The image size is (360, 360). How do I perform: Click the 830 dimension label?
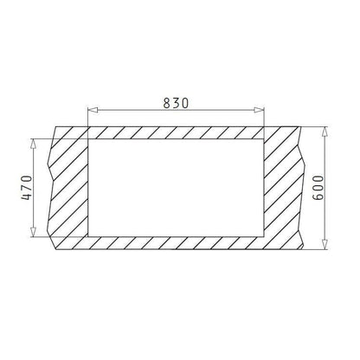(x=176, y=103)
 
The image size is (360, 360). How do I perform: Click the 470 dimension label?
(x=27, y=188)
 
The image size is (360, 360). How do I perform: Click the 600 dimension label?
(x=318, y=187)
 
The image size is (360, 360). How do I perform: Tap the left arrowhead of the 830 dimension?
(x=93, y=110)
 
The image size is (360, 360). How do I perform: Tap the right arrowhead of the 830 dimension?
(x=259, y=110)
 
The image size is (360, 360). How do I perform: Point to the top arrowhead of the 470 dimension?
(x=34, y=144)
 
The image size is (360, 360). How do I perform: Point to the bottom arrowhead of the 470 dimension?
(x=34, y=232)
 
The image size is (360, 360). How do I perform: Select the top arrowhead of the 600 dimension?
(x=325, y=132)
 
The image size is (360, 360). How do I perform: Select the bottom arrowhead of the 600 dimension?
(x=325, y=244)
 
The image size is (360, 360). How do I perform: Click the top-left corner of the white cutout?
(x=88, y=139)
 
